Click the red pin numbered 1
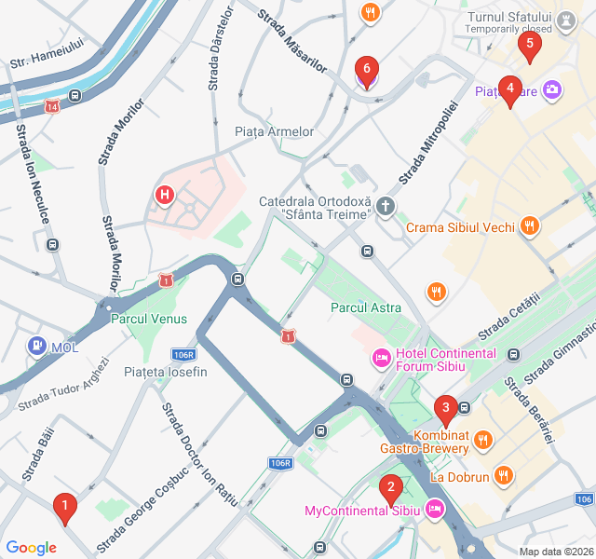coord(64,509)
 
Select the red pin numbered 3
coord(446,407)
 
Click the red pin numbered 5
coord(530,43)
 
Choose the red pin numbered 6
coord(367,69)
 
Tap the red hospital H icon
coord(164,195)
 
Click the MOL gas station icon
coord(37,347)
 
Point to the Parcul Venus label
coord(149,319)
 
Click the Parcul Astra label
coord(366,307)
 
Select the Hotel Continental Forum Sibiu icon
coord(381,356)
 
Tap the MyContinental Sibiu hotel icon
coord(434,510)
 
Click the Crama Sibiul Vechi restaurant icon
coord(529,225)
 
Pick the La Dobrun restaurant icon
coord(503,476)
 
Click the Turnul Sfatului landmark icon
coord(566,18)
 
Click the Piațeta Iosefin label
coord(165,373)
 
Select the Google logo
coord(32,548)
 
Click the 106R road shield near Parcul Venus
coord(184,355)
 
